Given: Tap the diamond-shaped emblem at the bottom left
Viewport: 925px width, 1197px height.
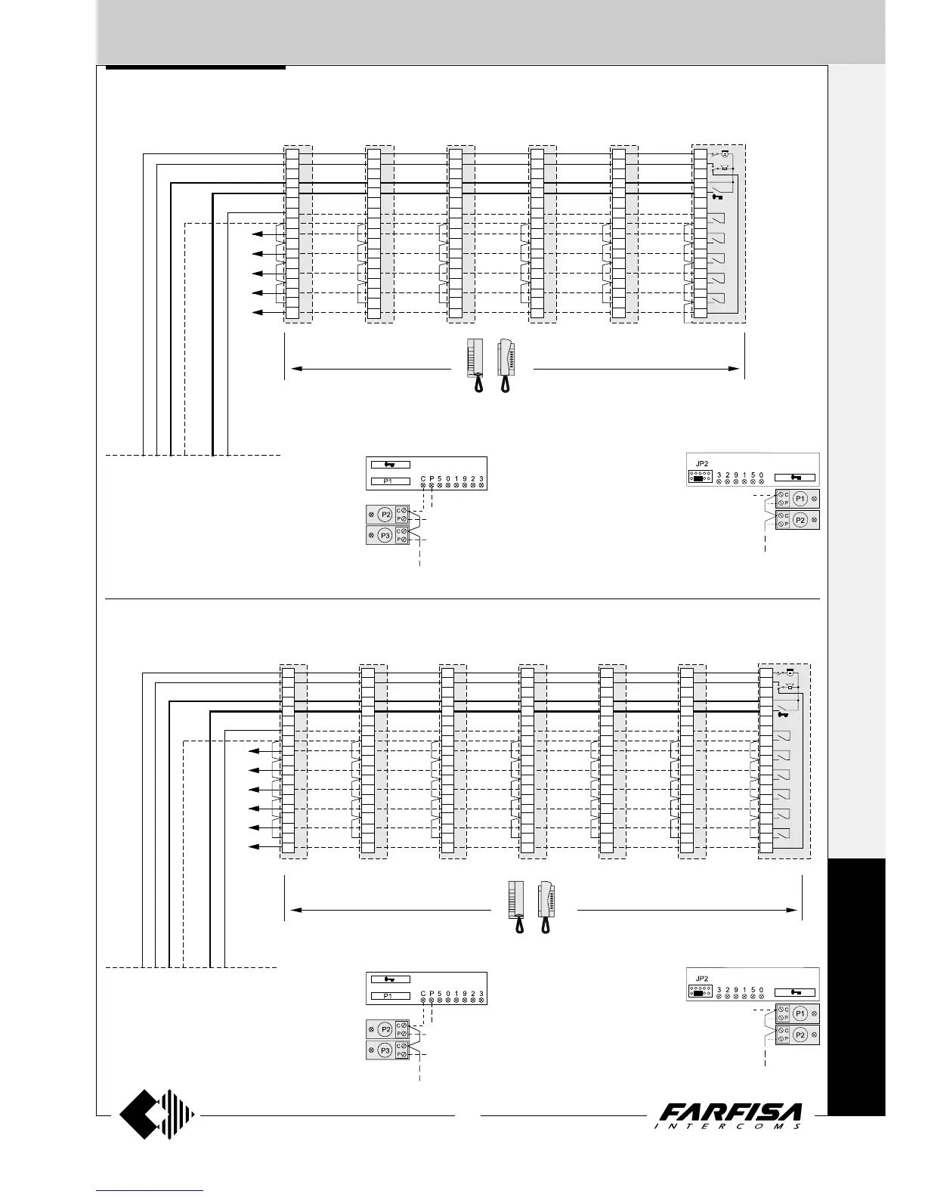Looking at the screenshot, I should click(x=157, y=1114).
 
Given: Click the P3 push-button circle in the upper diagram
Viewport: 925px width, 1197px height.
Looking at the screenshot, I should click(x=385, y=536).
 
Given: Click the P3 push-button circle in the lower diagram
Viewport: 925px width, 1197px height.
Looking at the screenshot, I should click(x=385, y=1050).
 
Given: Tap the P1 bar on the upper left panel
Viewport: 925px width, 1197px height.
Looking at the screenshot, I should click(x=390, y=481).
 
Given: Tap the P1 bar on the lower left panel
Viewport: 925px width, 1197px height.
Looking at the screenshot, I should click(x=390, y=996).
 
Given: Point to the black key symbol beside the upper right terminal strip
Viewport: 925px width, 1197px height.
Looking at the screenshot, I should click(x=719, y=197).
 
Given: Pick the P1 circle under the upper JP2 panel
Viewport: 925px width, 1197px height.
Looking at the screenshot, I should click(x=800, y=499).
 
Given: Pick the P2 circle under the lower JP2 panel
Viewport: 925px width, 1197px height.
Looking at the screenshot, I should click(x=800, y=1035).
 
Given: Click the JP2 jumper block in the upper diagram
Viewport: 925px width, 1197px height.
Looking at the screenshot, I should click(x=699, y=478).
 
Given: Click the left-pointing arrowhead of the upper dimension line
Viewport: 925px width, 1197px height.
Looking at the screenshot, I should click(x=297, y=369).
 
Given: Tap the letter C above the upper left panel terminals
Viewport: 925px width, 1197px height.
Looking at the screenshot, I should click(x=423, y=479).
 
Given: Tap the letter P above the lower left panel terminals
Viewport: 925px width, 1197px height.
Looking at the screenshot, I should click(x=432, y=994).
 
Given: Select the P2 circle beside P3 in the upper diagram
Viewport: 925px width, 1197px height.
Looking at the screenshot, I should click(x=385, y=515).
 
